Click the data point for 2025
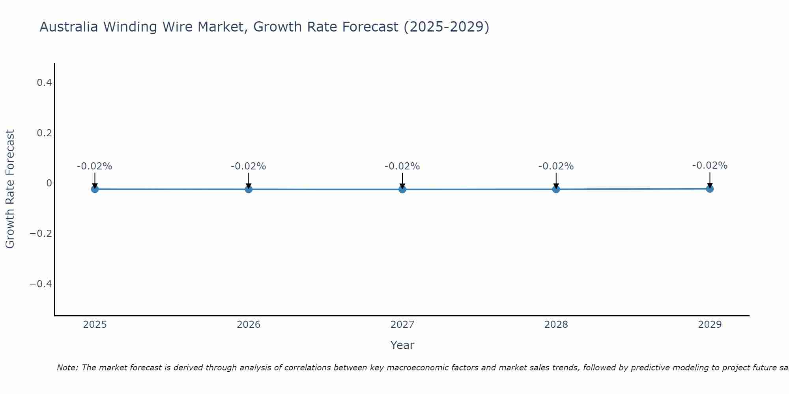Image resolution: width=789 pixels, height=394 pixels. [95, 189]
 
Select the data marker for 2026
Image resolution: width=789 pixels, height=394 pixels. [249, 189]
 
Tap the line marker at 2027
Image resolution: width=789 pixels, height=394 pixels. [402, 190]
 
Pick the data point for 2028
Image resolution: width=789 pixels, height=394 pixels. [556, 189]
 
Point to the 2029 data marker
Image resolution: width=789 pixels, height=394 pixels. [710, 189]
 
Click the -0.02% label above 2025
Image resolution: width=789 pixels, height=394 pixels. [95, 166]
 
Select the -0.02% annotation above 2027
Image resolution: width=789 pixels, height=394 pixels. [402, 166]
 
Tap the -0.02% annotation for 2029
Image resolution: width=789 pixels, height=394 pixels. [710, 165]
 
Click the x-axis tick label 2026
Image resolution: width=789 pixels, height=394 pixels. [249, 325]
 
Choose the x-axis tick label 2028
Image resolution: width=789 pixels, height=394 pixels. [556, 325]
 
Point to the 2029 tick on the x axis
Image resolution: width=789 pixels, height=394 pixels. [710, 325]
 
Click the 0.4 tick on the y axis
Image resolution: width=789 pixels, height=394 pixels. [44, 83]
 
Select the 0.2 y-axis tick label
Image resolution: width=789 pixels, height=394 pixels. [44, 133]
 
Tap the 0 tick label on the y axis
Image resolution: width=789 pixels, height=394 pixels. [49, 183]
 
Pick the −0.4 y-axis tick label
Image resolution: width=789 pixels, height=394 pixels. [41, 284]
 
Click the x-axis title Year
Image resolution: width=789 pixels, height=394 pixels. [402, 345]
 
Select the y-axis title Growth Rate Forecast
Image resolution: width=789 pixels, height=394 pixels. [10, 189]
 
